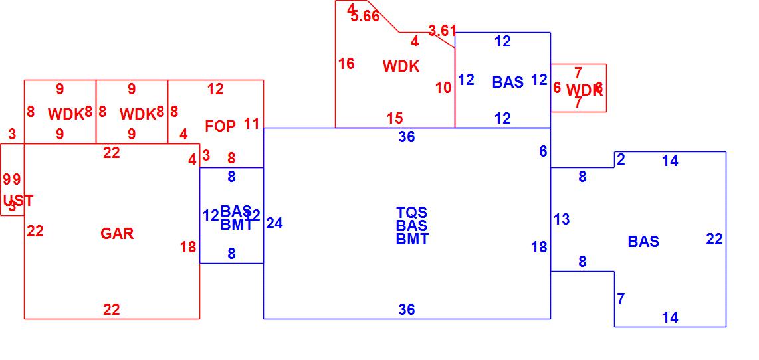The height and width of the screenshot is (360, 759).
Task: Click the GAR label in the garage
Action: [117, 234]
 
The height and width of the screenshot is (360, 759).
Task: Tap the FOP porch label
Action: [220, 126]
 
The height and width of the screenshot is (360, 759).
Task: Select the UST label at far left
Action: [18, 201]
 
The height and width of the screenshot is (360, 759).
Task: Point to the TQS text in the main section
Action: [412, 213]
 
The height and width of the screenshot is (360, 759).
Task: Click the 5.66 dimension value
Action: [365, 17]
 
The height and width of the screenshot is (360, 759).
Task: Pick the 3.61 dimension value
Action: [443, 31]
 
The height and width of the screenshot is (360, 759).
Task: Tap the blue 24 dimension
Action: [274, 224]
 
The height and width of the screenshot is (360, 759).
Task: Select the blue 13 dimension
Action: [562, 219]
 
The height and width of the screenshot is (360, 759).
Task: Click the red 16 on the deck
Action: [346, 64]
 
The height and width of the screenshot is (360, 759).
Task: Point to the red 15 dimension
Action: [395, 118]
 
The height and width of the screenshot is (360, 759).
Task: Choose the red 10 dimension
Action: [443, 88]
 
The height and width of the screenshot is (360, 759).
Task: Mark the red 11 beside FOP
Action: [251, 124]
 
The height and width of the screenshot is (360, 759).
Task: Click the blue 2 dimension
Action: [621, 159]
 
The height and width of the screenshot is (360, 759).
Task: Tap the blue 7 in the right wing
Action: [621, 299]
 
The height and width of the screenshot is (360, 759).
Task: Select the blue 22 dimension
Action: [714, 240]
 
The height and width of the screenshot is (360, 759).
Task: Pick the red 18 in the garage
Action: [188, 247]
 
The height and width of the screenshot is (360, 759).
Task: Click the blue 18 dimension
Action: [539, 247]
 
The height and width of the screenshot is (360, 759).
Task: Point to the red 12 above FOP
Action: [215, 89]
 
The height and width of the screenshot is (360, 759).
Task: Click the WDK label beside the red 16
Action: [401, 66]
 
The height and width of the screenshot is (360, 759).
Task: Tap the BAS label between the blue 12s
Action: [508, 82]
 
